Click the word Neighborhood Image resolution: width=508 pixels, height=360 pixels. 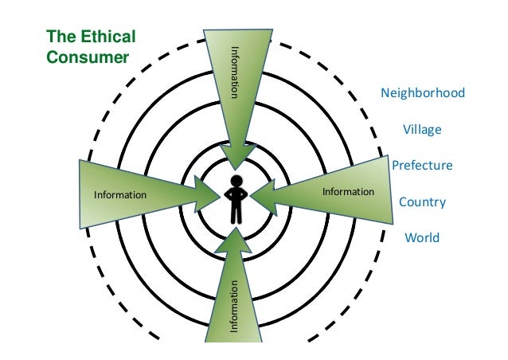[423, 94]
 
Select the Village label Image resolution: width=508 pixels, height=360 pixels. [422, 130]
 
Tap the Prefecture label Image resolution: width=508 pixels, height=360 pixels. [422, 166]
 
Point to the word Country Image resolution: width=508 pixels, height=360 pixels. [422, 202]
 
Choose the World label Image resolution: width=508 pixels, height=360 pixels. [422, 238]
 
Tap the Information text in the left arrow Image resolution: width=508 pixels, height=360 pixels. [120, 194]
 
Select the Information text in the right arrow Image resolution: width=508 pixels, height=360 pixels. [348, 192]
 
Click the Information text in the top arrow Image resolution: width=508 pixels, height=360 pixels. [235, 72]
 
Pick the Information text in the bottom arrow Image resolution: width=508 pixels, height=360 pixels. [235, 306]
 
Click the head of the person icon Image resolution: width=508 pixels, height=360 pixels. [236, 179]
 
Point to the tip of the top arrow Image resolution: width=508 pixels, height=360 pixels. [237, 168]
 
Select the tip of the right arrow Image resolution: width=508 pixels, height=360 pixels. [256, 193]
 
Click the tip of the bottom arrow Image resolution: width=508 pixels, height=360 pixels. [236, 228]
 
